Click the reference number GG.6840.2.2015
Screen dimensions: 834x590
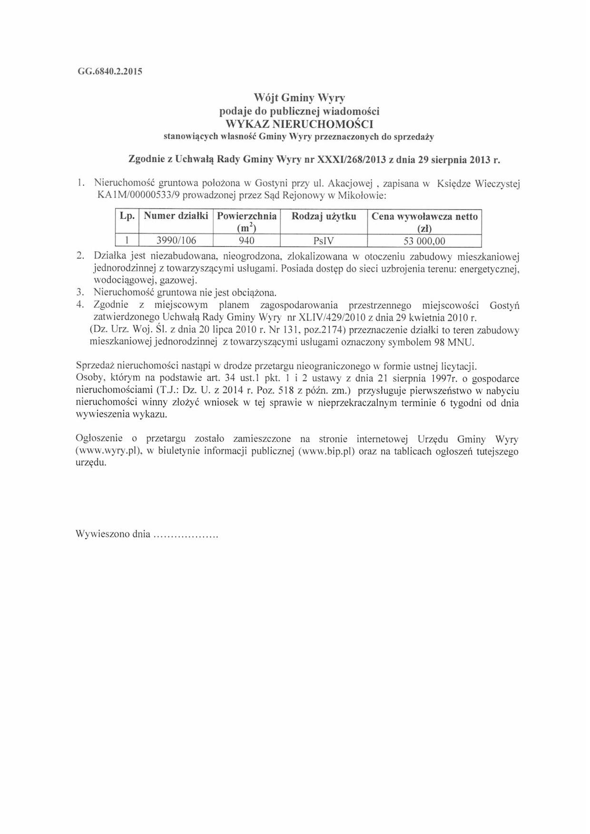[x=109, y=72]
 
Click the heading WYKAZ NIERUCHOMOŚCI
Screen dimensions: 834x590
[x=299, y=125]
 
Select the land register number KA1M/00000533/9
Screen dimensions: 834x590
[x=139, y=195]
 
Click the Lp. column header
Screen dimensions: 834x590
[x=127, y=216]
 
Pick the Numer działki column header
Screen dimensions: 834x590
[x=176, y=216]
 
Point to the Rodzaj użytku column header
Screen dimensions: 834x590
[x=324, y=216]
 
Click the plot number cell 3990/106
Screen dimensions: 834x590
[x=176, y=241]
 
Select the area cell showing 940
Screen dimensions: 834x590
[x=246, y=241]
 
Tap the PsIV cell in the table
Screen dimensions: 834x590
[x=324, y=241]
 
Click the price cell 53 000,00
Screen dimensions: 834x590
[x=424, y=241]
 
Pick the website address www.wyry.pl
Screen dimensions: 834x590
[x=108, y=451]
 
